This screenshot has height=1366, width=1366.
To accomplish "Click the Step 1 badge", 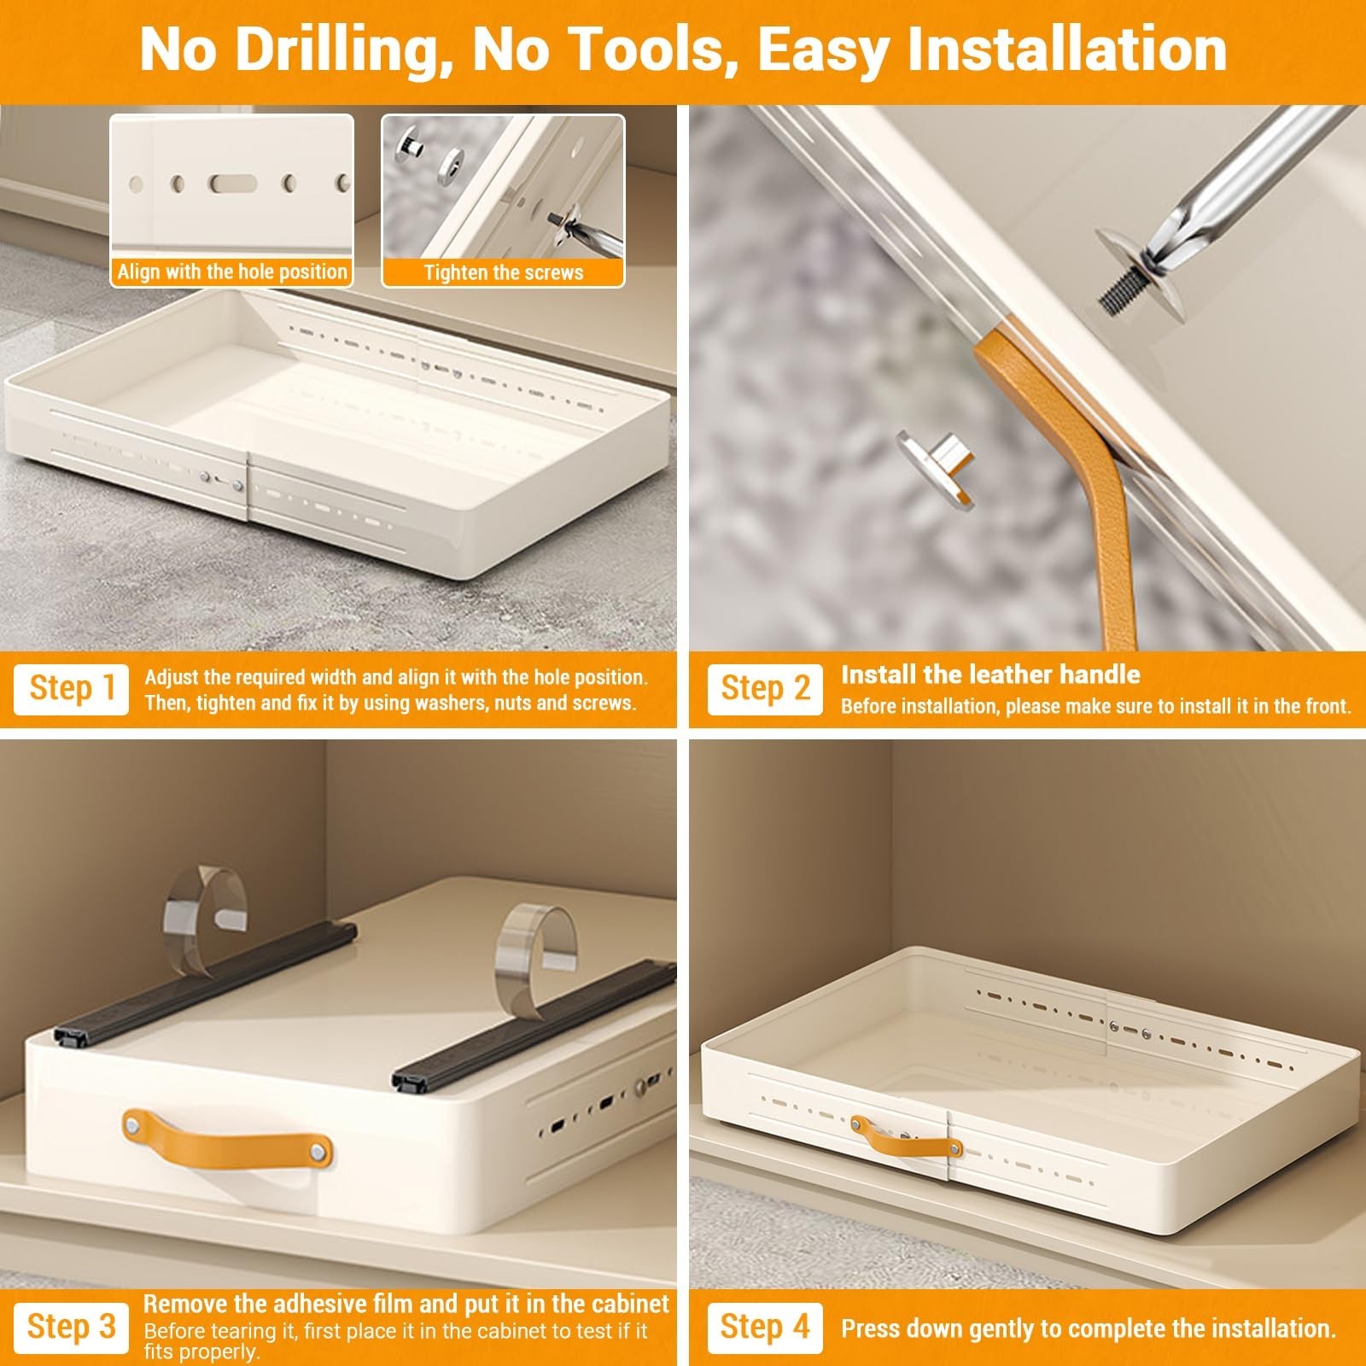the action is [71, 689].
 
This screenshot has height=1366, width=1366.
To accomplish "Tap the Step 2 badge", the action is [765, 689].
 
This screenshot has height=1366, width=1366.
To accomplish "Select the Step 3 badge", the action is [71, 1327].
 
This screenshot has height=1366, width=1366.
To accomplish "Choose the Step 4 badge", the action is [765, 1327].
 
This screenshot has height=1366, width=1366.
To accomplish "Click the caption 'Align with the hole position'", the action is [232, 272].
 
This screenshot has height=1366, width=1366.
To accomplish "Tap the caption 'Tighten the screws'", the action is [504, 272].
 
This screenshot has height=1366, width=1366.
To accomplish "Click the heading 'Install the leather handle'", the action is [990, 674].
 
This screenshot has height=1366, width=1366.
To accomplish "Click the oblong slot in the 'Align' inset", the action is [233, 183].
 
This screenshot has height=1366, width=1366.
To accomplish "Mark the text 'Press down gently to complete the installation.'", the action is [1089, 1328].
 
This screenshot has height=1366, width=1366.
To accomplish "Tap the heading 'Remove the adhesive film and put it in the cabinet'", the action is [406, 1304].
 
